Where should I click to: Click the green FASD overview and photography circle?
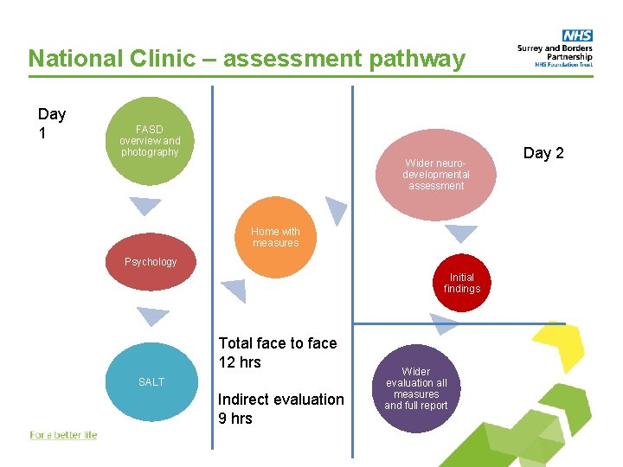151,141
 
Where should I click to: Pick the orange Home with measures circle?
275,237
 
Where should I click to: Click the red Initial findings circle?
461,283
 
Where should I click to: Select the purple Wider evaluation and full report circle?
416,389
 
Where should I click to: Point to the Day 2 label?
543,153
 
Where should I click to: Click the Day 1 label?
52,124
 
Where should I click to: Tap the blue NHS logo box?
576,35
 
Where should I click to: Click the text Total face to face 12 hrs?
277,352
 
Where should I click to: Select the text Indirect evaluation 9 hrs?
280,408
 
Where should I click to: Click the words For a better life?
63,435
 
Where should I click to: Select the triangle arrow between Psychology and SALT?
153,317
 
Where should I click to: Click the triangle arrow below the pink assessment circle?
461,232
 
